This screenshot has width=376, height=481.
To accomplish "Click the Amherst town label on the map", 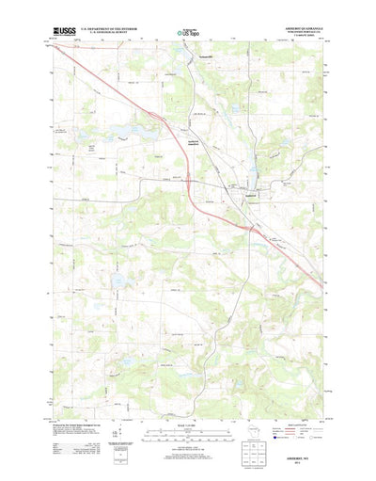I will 250,195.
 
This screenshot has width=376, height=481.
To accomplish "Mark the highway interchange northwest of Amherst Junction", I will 167,119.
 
